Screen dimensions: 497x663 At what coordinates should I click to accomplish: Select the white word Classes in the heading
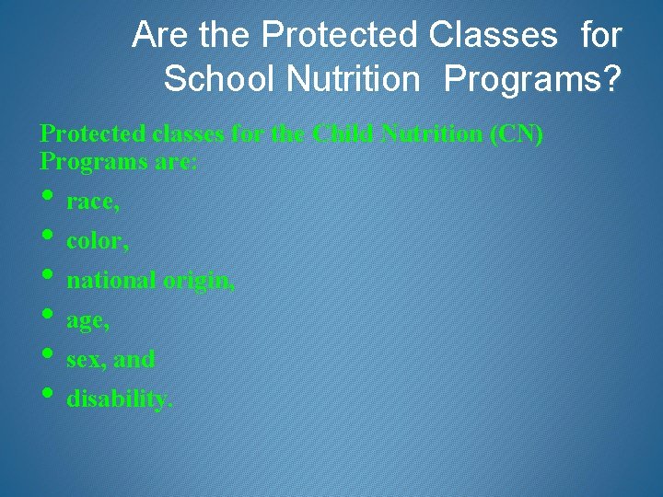tap(492, 36)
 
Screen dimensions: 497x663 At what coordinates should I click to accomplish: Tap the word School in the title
tap(220, 79)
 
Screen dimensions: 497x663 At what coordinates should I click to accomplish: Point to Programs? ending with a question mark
tap(532, 79)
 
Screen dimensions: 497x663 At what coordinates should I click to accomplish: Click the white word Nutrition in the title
tap(353, 79)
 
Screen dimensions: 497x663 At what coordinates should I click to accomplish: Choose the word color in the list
tap(95, 241)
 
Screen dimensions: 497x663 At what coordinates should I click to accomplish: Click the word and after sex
tap(134, 360)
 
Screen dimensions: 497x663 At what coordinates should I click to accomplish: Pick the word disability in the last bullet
tap(119, 400)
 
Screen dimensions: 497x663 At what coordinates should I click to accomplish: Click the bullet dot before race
tap(47, 196)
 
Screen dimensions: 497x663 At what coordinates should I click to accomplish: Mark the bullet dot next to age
tap(47, 316)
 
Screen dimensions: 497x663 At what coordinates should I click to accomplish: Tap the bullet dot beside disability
tap(47, 395)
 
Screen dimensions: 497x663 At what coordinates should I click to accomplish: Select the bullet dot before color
tap(47, 236)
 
